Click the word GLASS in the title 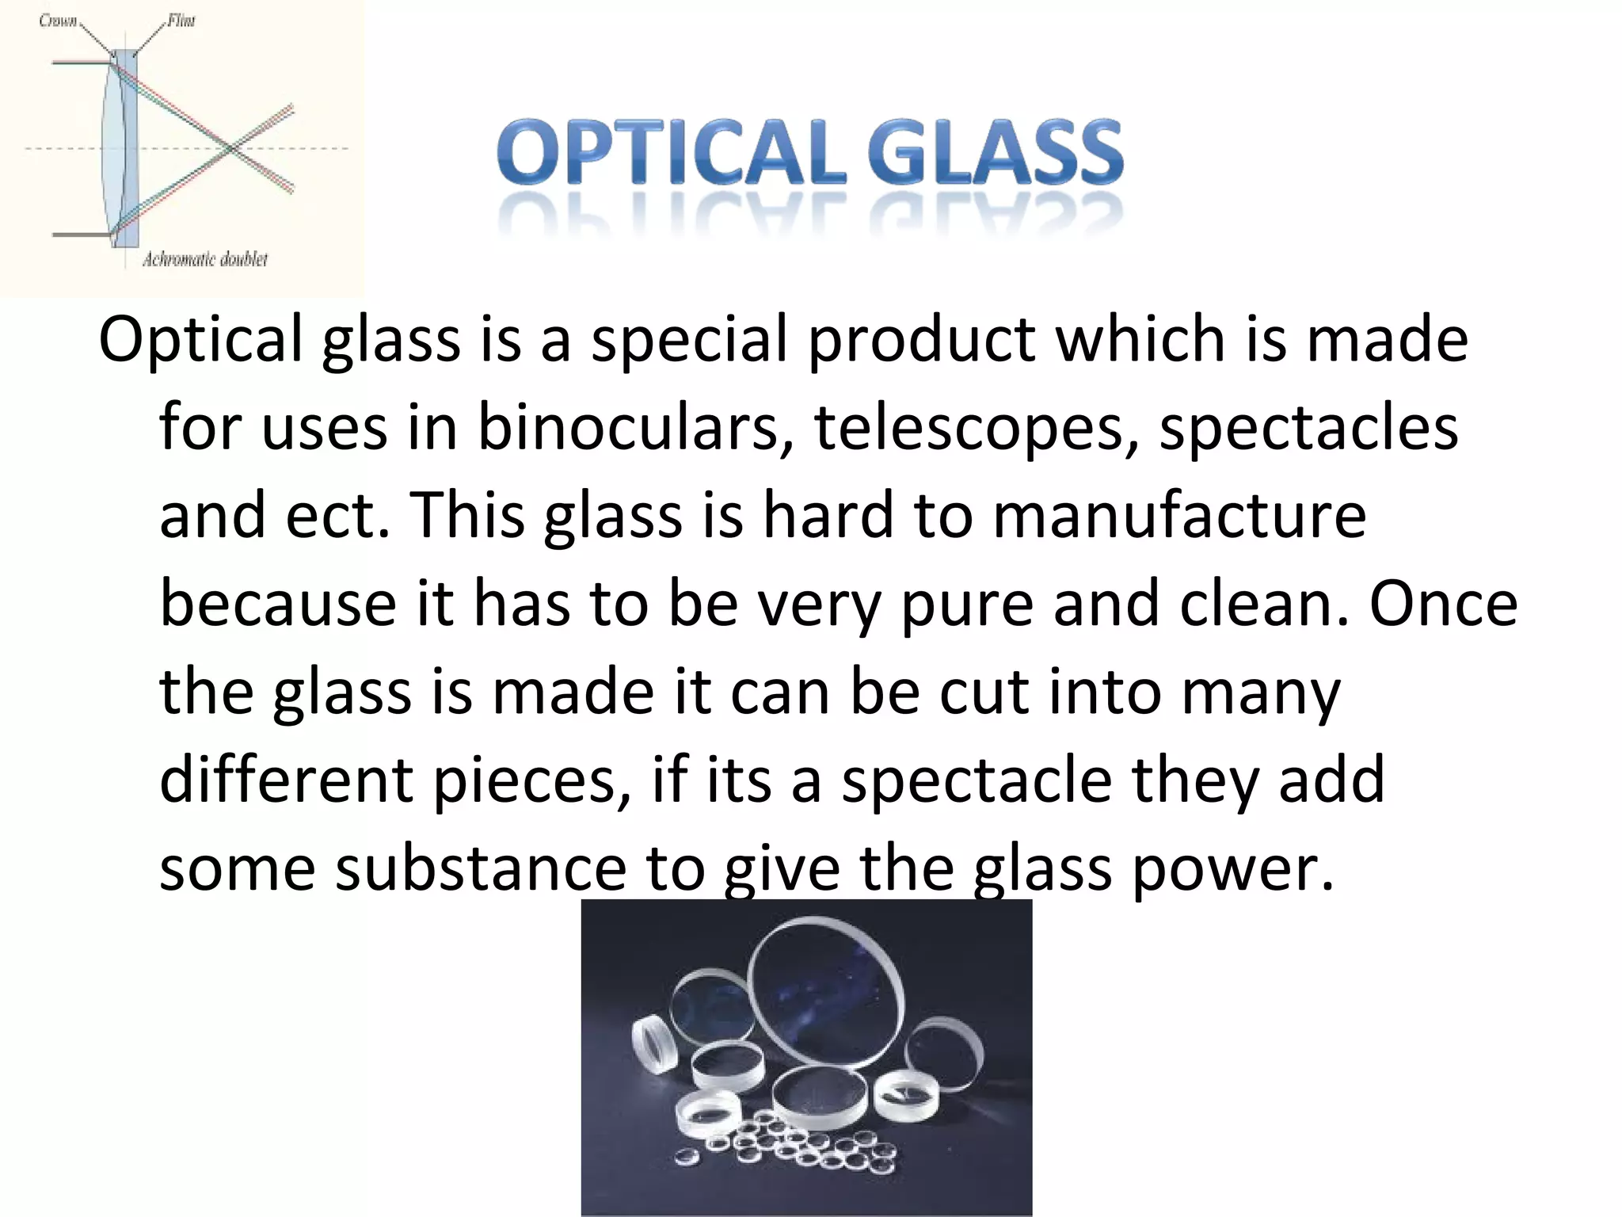(x=995, y=152)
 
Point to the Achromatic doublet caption (x=204, y=259)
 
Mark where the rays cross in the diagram (x=230, y=148)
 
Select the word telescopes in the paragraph (x=977, y=428)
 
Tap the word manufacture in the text (x=1179, y=515)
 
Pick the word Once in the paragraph (x=1443, y=604)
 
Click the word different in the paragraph (x=286, y=780)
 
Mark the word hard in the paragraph (x=827, y=515)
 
